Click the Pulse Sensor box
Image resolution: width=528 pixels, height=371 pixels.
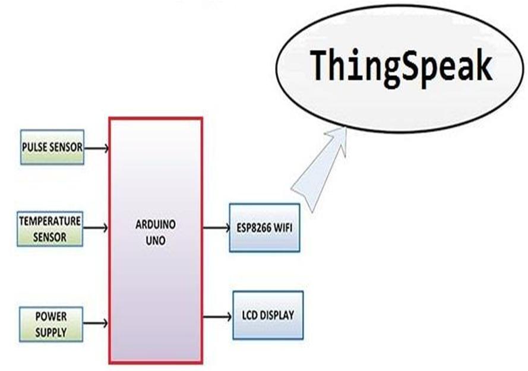[52, 147]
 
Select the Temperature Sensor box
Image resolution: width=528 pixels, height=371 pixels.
[50, 229]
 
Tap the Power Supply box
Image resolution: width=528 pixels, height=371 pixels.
[50, 324]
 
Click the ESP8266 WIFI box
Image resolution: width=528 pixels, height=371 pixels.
[264, 227]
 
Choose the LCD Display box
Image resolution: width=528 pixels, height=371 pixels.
[267, 315]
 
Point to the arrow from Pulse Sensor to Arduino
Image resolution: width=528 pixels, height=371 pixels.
[96, 147]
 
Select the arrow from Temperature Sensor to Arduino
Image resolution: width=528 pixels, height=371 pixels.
[96, 227]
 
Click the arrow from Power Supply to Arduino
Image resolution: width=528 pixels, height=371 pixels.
[96, 324]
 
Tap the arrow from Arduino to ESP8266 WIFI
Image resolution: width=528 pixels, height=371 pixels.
[216, 227]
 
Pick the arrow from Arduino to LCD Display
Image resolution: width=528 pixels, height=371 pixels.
[217, 317]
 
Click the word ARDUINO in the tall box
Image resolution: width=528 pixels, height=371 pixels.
[155, 226]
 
